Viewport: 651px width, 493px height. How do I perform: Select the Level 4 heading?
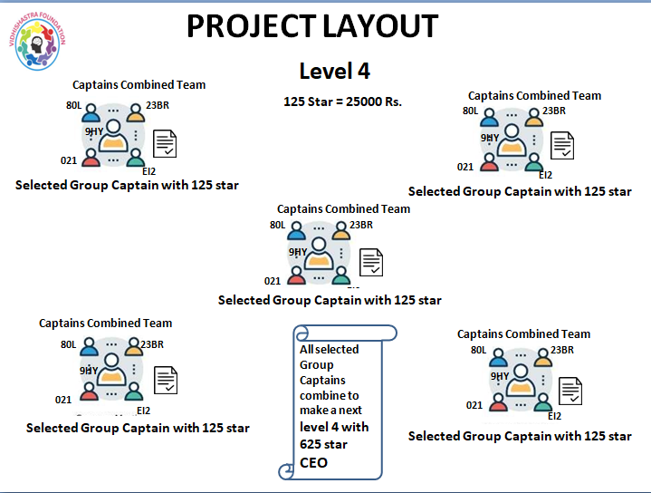[x=334, y=71]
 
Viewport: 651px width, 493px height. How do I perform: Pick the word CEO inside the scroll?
[x=313, y=462]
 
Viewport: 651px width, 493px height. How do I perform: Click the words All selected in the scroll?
[x=329, y=349]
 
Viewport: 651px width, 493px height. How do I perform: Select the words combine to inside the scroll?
[x=329, y=396]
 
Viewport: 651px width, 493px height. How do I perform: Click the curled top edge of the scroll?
[x=344, y=333]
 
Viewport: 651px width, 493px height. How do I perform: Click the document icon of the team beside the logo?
[x=165, y=143]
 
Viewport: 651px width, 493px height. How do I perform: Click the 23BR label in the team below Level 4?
[x=360, y=225]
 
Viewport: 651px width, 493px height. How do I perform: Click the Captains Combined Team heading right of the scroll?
[x=523, y=334]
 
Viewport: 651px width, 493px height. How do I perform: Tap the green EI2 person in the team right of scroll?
[x=534, y=402]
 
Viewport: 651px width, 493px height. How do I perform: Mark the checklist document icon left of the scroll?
[x=165, y=380]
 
